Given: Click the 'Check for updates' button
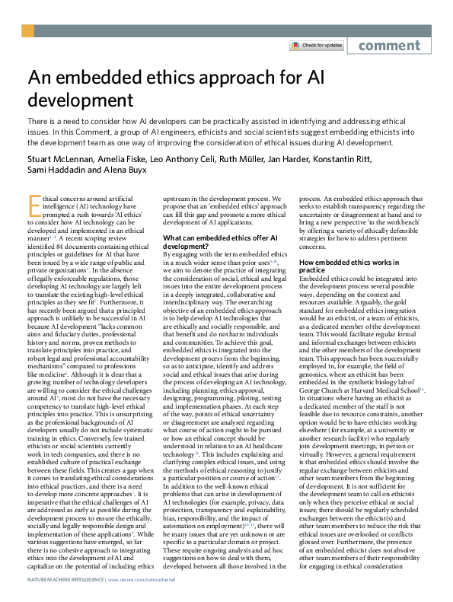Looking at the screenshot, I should [x=316, y=46].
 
